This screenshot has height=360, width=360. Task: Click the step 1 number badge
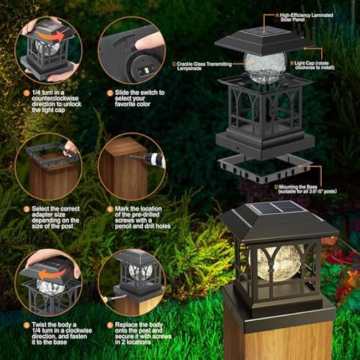coord(26,92)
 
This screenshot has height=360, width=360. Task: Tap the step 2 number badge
coord(110,92)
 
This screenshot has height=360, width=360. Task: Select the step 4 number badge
coord(110,209)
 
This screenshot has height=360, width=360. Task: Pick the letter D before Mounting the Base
coord(276,187)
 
